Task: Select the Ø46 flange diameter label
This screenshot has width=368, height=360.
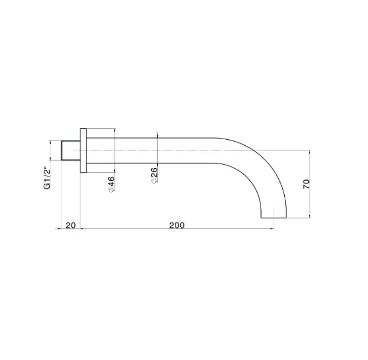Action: click(x=111, y=184)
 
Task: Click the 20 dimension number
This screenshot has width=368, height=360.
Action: click(x=71, y=225)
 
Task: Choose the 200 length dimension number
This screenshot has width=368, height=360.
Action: click(x=177, y=225)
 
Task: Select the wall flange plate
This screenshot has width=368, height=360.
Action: click(x=84, y=150)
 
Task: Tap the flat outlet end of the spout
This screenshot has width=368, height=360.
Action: click(x=274, y=217)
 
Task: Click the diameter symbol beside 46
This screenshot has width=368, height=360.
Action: click(x=111, y=190)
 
